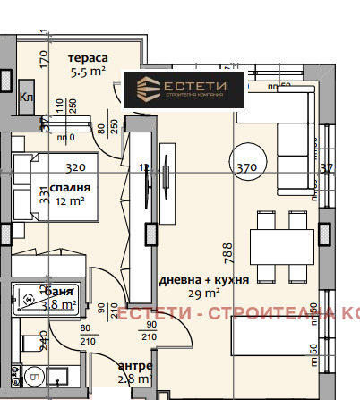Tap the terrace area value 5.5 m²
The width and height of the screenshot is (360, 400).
[92, 76]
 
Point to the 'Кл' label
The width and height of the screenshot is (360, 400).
[27, 98]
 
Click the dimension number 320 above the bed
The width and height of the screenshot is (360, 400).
[75, 166]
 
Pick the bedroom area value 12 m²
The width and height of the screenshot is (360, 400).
[69, 202]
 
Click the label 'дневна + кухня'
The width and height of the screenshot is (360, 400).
[202, 279]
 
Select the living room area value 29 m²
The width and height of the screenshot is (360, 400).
[203, 294]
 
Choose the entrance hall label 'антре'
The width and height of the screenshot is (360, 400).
[134, 367]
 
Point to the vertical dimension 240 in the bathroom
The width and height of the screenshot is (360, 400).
[45, 341]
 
